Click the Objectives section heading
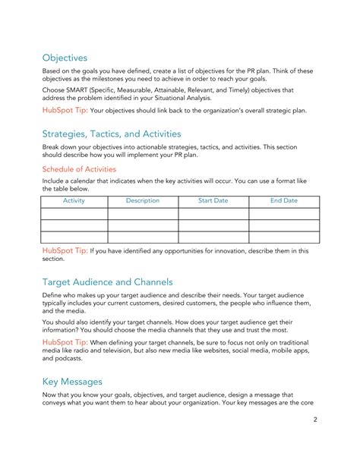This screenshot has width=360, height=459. (65, 58)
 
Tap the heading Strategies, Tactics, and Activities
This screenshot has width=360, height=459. (111, 134)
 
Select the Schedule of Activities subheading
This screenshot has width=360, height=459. (79, 169)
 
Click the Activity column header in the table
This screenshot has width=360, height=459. (74, 201)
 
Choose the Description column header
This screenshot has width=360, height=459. (143, 201)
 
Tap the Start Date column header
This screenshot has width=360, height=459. (213, 201)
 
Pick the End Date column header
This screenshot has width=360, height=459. (284, 201)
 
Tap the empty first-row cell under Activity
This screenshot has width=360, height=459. (74, 214)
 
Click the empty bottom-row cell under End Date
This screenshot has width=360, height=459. (284, 237)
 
